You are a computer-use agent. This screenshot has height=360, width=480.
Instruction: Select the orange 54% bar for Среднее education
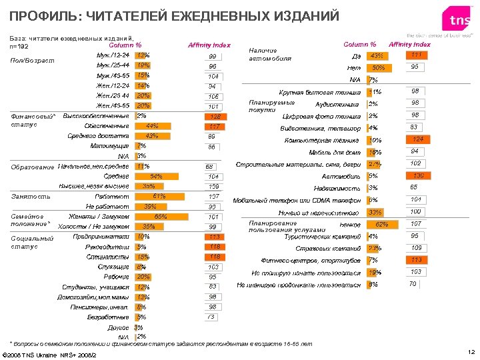[x=155, y=176]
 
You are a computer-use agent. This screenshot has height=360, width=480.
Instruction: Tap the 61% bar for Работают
[x=159, y=197]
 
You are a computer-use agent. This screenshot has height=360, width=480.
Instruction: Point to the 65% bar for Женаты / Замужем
[x=160, y=217]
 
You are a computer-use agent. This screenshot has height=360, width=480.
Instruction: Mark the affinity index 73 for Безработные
[x=212, y=317]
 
